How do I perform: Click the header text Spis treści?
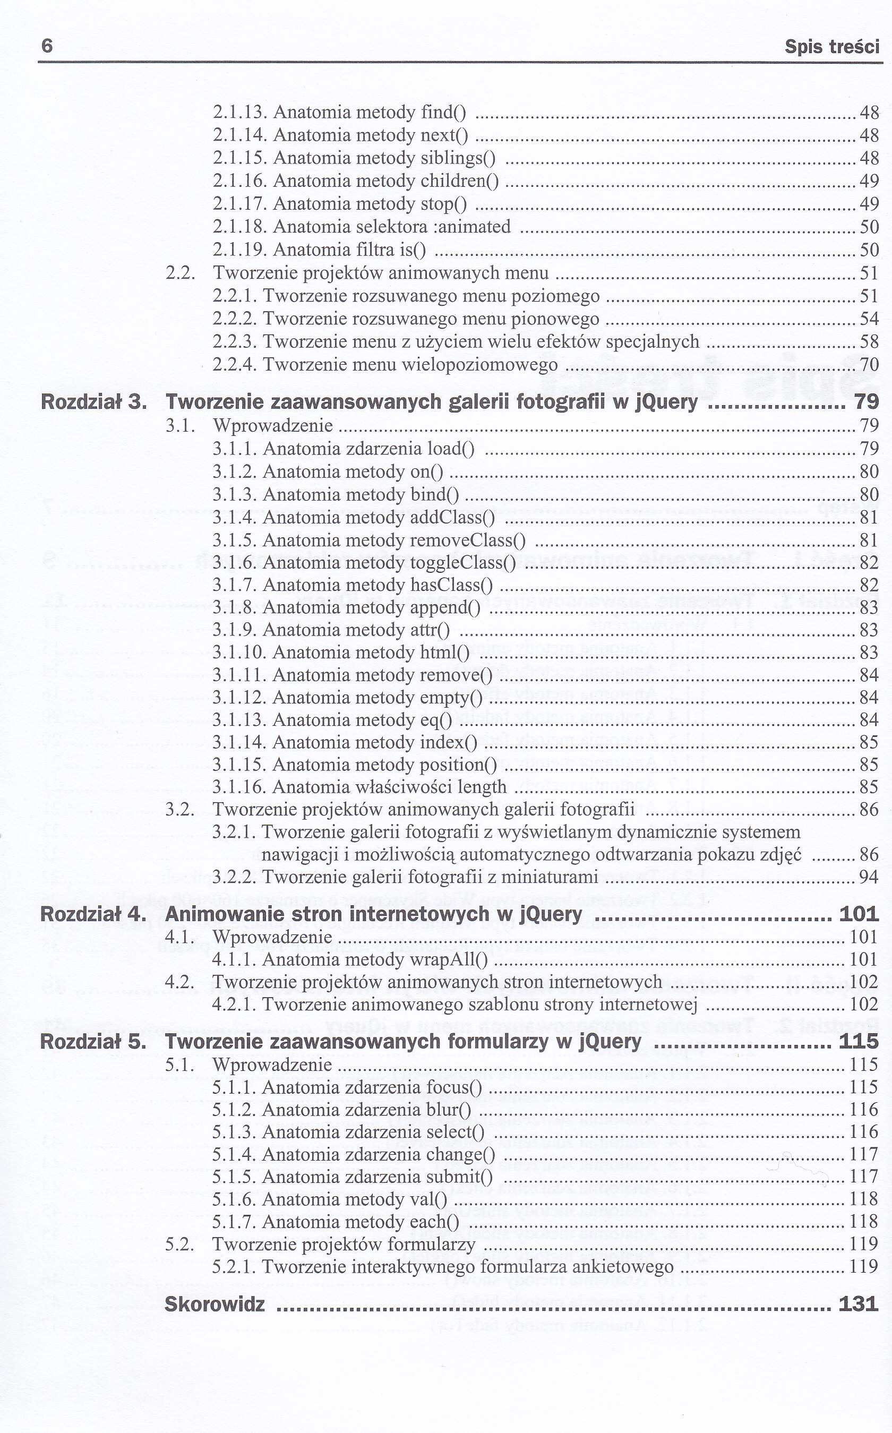click(x=832, y=47)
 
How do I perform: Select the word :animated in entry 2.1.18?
click(x=471, y=227)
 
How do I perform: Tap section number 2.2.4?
click(x=235, y=365)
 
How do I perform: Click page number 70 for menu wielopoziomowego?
click(x=869, y=365)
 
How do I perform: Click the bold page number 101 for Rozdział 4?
click(x=859, y=914)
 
